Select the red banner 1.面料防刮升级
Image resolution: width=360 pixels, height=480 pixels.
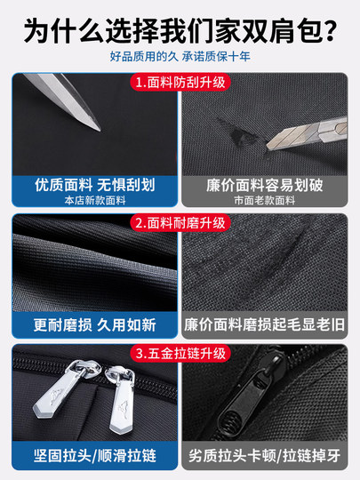pos(180,83)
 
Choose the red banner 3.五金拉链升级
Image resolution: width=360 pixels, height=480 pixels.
pos(180,354)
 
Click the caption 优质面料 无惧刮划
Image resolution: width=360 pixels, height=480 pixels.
pos(95,186)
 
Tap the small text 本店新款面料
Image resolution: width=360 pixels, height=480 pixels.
pos(95,201)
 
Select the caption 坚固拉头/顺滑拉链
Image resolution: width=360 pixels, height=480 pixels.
pos(95,456)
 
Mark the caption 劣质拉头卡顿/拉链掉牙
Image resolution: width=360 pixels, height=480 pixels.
pos(267,456)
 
